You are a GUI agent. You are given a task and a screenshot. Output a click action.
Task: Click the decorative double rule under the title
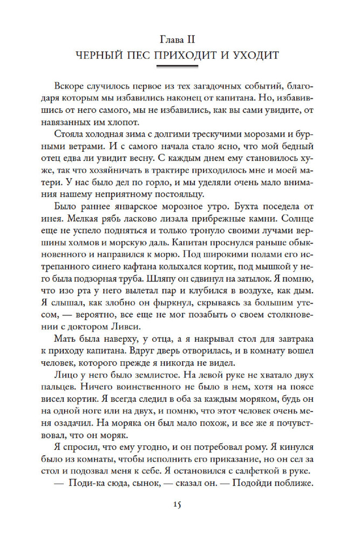[180, 67]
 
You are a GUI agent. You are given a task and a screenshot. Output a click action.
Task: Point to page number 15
[180, 504]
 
